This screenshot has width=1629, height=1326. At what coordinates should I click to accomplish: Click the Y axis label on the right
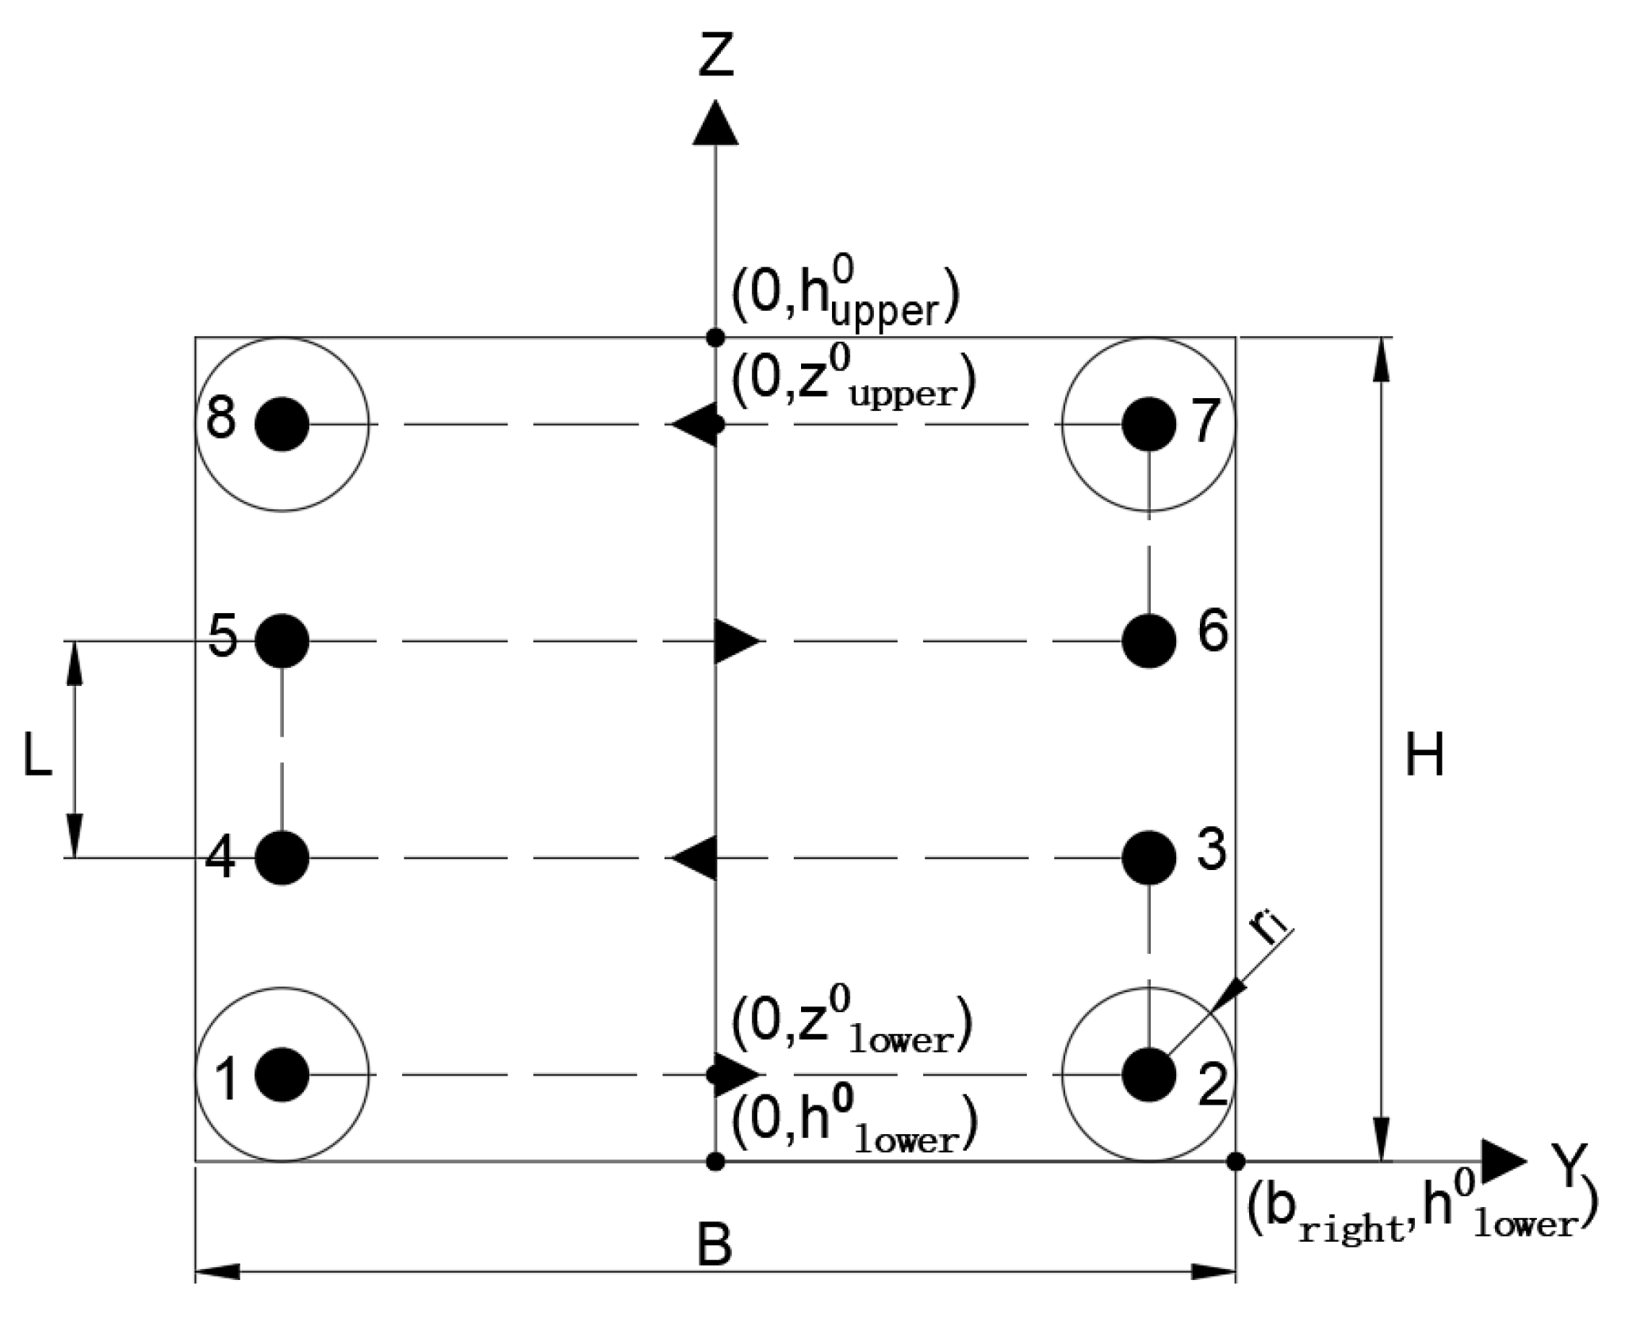coord(1568,1165)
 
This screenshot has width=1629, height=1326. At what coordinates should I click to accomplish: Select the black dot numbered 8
coord(282,424)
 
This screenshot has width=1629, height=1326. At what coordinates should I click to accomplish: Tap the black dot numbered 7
coord(1148,424)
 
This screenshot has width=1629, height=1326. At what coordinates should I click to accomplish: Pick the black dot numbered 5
coord(282,640)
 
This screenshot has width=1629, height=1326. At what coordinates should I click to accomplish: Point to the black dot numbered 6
coord(1148,640)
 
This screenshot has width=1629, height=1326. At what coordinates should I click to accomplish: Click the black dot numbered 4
coord(282,857)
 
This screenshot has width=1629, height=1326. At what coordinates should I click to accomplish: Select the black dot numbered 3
coord(1148,857)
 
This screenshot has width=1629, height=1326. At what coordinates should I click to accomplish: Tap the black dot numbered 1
coord(282,1075)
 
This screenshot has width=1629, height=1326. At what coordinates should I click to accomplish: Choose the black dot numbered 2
coord(1148,1075)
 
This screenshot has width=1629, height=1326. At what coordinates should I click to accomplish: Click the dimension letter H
coord(1424,755)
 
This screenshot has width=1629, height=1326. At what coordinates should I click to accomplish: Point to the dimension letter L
coord(37,755)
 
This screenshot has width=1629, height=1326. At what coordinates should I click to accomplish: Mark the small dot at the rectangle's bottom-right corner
coord(1235,1161)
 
